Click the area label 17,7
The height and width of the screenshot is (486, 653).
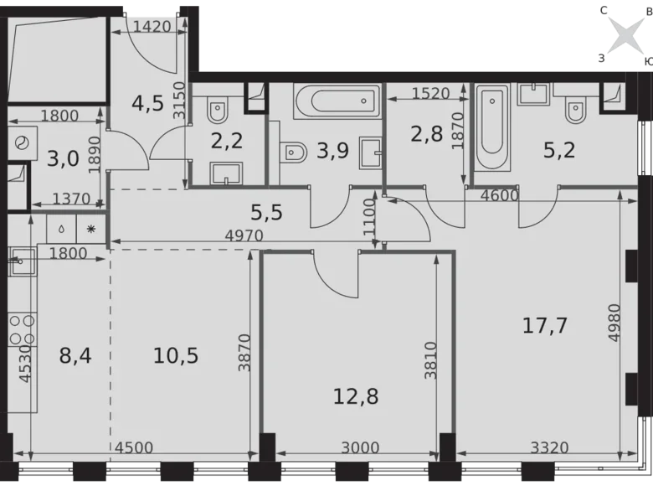(545, 326)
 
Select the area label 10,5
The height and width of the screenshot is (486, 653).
(176, 355)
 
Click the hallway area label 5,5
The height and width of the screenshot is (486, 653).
(268, 213)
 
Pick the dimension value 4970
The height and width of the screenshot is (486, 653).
(244, 236)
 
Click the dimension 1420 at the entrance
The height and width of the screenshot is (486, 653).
(152, 26)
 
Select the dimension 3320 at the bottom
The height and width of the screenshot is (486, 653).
(547, 447)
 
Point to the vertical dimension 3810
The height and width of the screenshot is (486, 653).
(430, 359)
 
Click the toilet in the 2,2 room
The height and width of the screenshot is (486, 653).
(219, 109)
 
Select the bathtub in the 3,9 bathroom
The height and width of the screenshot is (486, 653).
(337, 104)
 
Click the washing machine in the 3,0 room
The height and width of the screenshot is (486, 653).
(19, 142)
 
